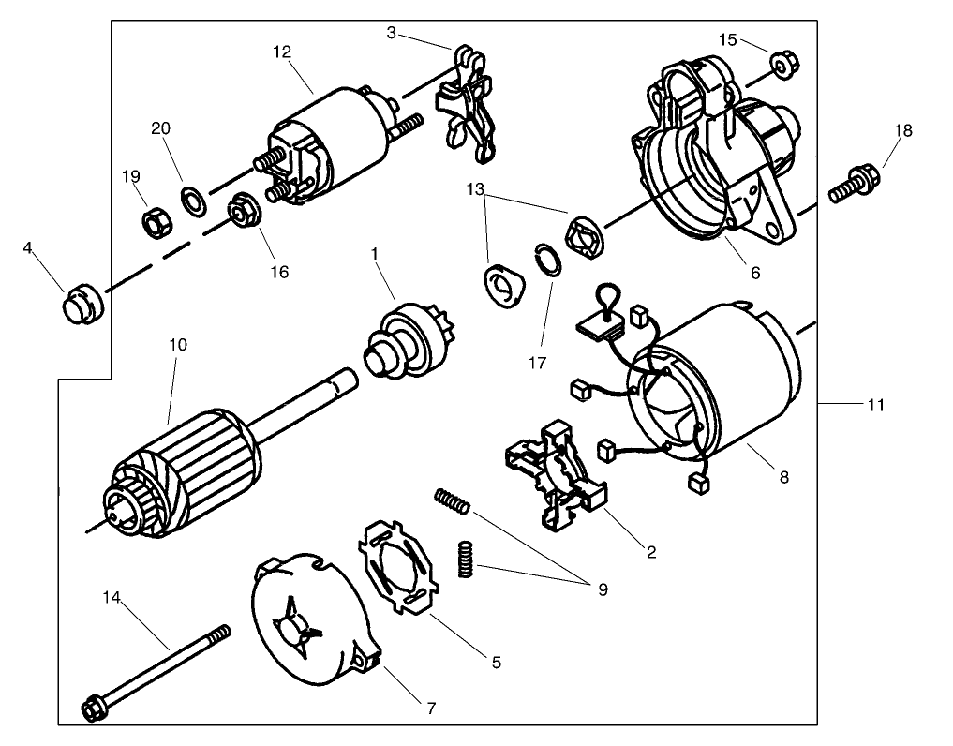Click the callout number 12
(x=283, y=53)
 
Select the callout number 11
(x=875, y=405)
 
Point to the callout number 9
(x=602, y=589)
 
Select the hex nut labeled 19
(x=153, y=223)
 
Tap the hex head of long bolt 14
(x=95, y=709)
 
